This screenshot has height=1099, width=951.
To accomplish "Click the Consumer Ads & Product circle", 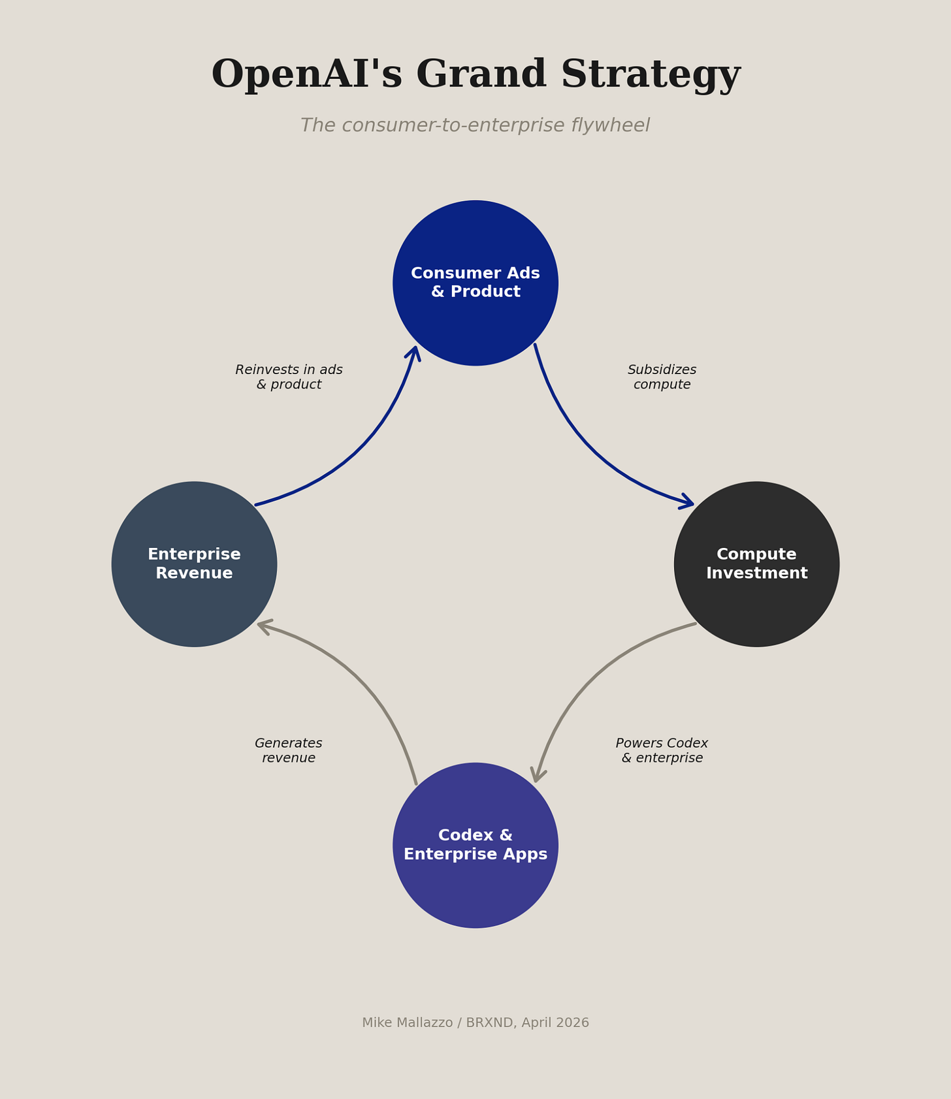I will (x=475, y=283).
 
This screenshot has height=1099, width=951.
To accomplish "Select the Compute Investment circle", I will (x=756, y=564).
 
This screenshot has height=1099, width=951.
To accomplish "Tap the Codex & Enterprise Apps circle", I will (x=475, y=845).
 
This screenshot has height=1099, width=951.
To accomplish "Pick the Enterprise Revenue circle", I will (x=194, y=564).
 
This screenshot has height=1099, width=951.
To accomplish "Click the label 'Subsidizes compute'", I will (x=662, y=377).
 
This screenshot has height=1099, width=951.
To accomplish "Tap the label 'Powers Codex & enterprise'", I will (x=662, y=751).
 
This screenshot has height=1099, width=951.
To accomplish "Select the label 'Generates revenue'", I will (x=289, y=751).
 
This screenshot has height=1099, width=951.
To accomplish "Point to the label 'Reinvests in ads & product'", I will (x=289, y=377).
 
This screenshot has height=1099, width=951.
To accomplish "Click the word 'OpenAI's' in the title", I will (x=307, y=75).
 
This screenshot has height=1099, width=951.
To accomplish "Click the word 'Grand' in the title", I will (x=481, y=75).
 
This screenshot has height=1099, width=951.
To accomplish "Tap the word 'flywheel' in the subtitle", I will (x=610, y=125).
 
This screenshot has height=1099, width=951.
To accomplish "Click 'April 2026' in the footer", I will (x=556, y=1023).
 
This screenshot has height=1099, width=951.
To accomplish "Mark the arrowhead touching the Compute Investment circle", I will (x=687, y=503).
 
